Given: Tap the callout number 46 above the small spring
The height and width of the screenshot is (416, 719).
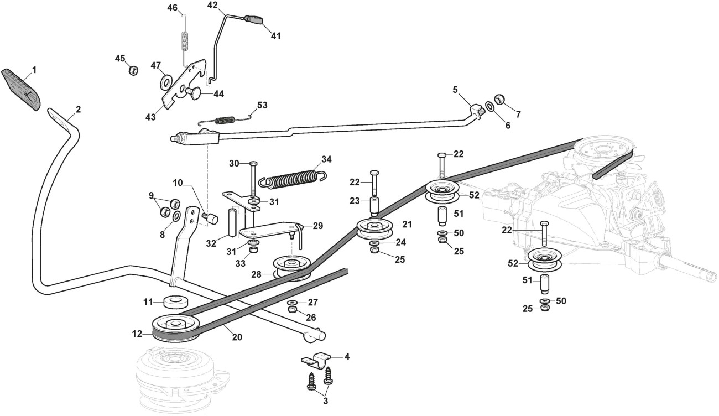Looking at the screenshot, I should tap(173, 8).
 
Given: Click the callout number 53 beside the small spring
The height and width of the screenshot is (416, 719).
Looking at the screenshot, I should tap(262, 105).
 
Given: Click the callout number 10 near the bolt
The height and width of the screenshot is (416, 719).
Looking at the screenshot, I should tap(177, 183).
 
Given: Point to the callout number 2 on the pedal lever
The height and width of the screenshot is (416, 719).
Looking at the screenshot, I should tap(78, 109).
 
